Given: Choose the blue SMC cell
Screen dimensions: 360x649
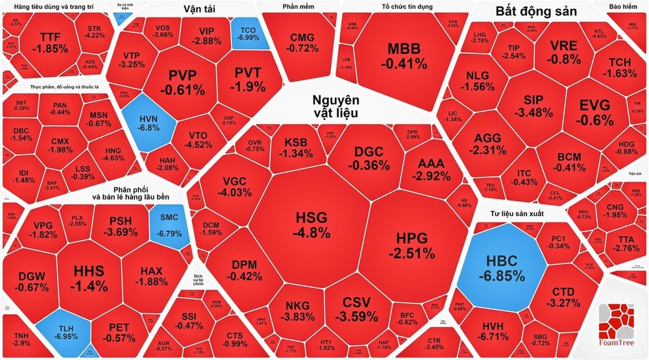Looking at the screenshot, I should coord(167,226).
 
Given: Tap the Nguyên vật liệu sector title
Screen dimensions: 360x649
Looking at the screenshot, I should coord(335,106).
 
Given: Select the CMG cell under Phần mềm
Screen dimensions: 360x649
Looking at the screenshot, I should coord(304,42).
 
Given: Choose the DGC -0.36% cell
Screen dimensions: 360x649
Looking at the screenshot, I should coord(368,158).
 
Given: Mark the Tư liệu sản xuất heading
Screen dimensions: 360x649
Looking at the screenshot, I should coord(517,213).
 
